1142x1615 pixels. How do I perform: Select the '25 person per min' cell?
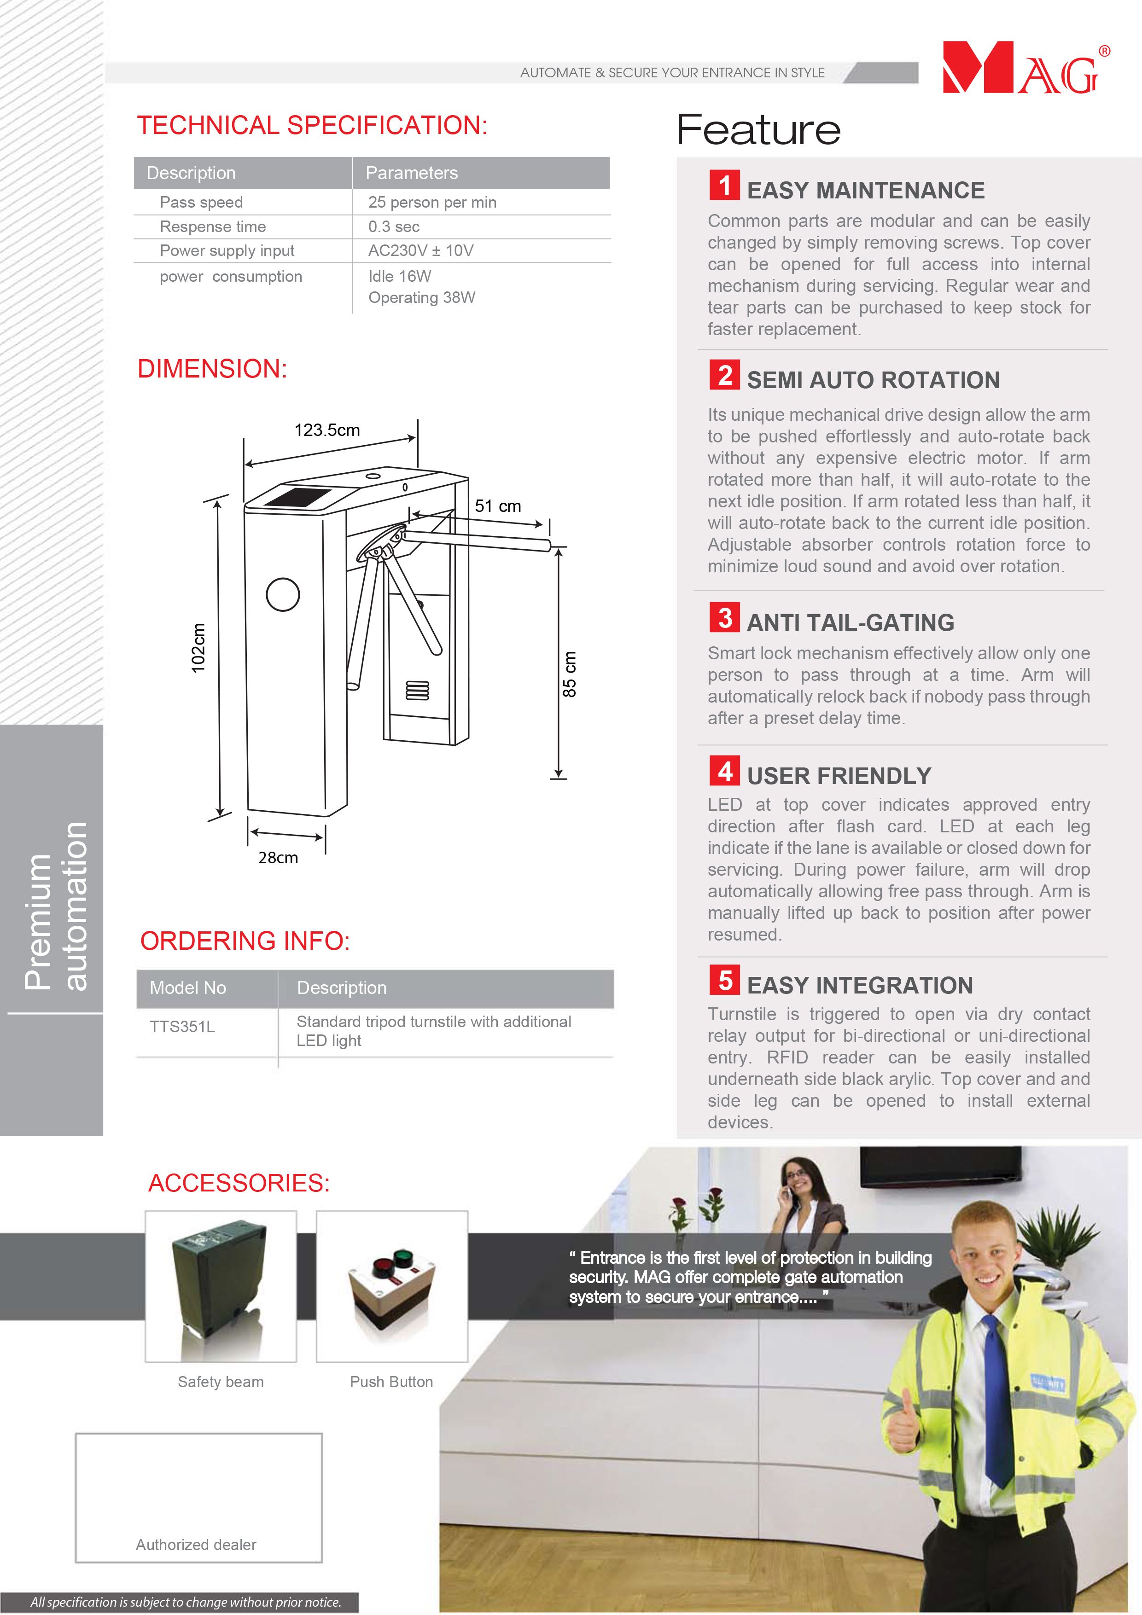click(x=432, y=203)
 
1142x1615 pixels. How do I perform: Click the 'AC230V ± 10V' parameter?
click(x=421, y=250)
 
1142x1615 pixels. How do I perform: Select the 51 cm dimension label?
click(x=497, y=506)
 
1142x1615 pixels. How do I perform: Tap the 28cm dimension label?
click(x=278, y=857)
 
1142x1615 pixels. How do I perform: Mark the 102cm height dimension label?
click(x=199, y=647)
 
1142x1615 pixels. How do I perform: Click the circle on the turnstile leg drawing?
click(x=283, y=594)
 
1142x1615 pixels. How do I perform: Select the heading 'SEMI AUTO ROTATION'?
click(x=873, y=380)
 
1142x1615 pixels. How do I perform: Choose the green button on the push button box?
click(x=403, y=1256)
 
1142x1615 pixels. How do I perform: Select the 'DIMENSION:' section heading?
click(x=212, y=369)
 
